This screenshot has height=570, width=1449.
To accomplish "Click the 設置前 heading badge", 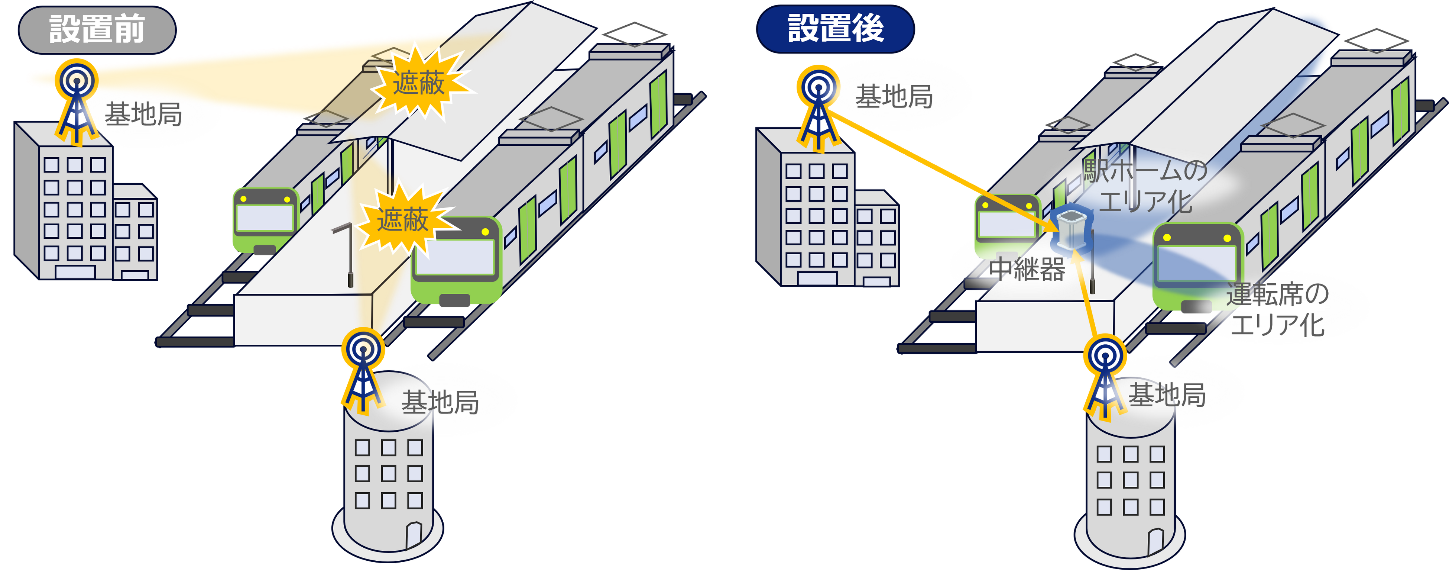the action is tap(97, 29).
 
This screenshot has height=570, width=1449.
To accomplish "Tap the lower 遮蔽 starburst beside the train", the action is tap(403, 219).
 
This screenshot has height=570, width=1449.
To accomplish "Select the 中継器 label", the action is tap(1027, 269).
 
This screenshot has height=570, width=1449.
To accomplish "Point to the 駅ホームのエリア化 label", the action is tap(1145, 186).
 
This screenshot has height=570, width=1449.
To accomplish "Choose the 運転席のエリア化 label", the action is tap(1277, 309).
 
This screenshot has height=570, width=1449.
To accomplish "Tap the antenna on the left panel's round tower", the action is tap(363, 371).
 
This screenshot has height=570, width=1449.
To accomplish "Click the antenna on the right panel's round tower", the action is tap(1105, 377).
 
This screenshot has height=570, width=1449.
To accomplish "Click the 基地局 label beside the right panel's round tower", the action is tap(1167, 395).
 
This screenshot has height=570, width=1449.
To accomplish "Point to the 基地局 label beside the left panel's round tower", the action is tap(440, 402).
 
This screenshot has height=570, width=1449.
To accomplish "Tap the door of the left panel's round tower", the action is tap(414, 535).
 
